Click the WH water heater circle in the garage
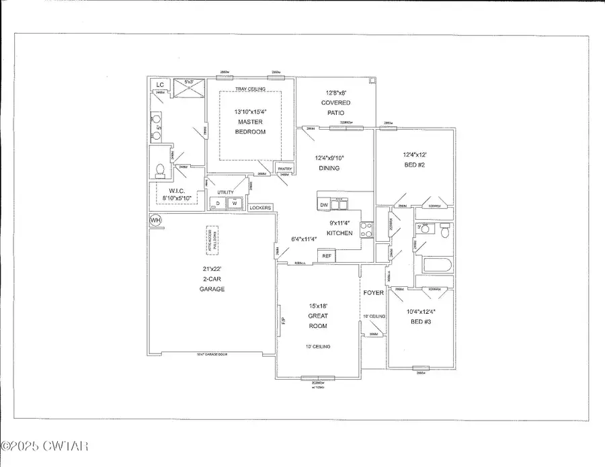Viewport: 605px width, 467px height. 155,220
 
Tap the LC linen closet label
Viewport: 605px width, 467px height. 160,85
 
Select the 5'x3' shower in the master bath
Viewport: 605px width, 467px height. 188,86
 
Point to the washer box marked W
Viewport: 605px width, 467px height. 235,203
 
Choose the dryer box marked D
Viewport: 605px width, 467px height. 217,203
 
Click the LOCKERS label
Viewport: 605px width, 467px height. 260,208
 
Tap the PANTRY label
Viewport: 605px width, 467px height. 284,169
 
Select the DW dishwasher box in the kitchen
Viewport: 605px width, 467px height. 324,204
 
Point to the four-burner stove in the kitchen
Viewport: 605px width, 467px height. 366,230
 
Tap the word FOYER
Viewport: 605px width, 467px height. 373,292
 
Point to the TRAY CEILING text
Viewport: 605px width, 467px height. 249,89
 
